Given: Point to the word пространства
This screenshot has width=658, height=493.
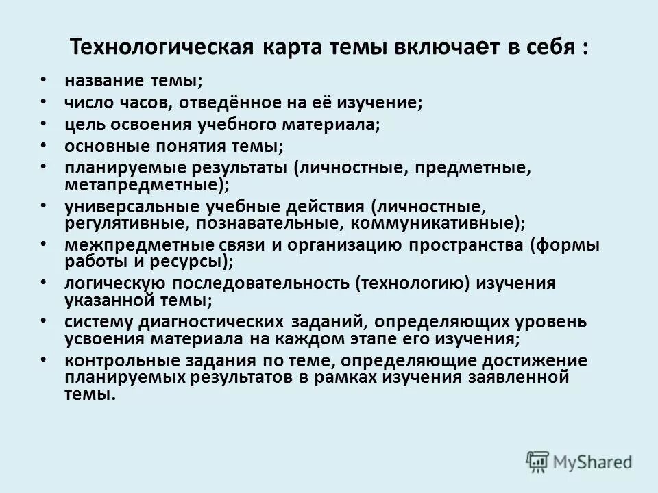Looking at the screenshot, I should tap(465, 245).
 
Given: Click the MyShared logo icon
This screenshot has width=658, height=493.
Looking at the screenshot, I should tap(538, 462).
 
